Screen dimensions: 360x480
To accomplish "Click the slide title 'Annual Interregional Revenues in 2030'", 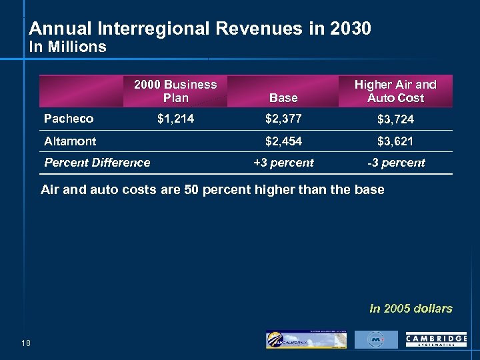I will (x=200, y=29).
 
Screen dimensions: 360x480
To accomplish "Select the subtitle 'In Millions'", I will (x=67, y=47).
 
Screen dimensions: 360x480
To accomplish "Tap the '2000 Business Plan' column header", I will (x=175, y=91).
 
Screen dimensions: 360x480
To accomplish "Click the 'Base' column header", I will (x=283, y=98).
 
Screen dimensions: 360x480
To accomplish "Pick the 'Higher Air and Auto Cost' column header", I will (x=395, y=91).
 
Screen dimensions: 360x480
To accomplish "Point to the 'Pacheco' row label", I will (x=69, y=119).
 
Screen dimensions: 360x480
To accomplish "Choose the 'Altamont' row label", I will (x=70, y=141).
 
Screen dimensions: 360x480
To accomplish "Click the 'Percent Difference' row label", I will (x=97, y=162).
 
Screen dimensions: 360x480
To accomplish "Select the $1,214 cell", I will (x=175, y=119).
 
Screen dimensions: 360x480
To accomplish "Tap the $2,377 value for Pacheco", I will (x=283, y=119).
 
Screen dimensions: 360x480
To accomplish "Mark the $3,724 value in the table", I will (x=395, y=119).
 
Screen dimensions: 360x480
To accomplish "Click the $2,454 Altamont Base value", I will (x=283, y=141).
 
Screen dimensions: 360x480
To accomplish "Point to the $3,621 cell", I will (x=395, y=141).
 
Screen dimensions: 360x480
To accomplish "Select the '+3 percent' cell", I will (x=283, y=163).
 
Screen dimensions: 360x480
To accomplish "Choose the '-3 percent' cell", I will (x=395, y=163).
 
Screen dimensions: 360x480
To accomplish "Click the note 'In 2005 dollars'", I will (x=411, y=309).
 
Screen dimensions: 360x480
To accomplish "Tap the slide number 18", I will (x=26, y=343).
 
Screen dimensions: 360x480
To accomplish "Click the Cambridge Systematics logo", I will (x=436, y=340).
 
